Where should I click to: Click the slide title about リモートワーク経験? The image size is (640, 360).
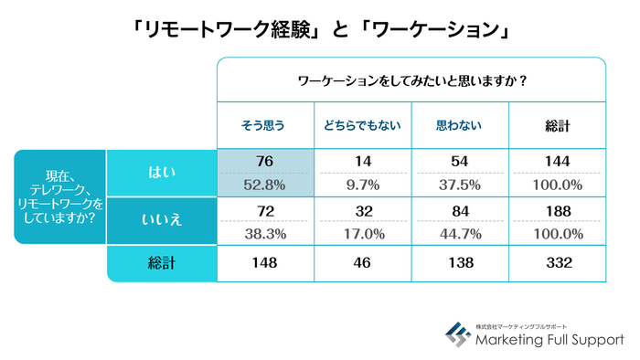pyautogui.click(x=319, y=28)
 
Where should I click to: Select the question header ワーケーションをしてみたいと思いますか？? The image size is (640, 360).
pyautogui.click(x=411, y=80)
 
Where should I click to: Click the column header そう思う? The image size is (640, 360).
pyautogui.click(x=264, y=125)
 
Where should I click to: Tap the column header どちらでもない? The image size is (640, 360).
pyautogui.click(x=362, y=125)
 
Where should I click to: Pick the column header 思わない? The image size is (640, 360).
pyautogui.click(x=459, y=125)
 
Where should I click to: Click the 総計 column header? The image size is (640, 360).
pyautogui.click(x=557, y=125)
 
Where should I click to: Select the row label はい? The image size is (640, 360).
pyautogui.click(x=161, y=171)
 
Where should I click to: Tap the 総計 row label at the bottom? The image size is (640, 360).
pyautogui.click(x=161, y=264)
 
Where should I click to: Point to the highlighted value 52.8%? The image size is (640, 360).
pyautogui.click(x=265, y=185)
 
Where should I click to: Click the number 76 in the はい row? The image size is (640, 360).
pyautogui.click(x=265, y=162)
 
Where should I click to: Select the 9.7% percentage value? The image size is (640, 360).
pyautogui.click(x=362, y=185)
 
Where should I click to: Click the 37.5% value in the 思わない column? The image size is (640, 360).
pyautogui.click(x=459, y=185)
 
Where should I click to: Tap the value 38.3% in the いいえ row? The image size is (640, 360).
pyautogui.click(x=265, y=234)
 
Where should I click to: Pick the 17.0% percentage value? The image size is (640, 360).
pyautogui.click(x=362, y=234)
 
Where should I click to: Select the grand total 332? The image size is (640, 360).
pyautogui.click(x=557, y=264)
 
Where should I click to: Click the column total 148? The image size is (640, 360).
pyautogui.click(x=265, y=264)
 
